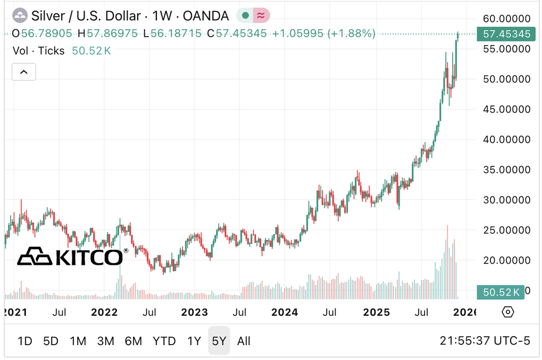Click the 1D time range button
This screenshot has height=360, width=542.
[25, 341]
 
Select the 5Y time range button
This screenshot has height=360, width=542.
[219, 341]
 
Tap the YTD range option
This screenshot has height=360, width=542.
[164, 341]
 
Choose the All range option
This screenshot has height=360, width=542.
[244, 341]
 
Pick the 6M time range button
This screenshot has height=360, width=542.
[133, 341]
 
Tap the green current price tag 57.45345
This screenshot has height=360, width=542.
[506, 34]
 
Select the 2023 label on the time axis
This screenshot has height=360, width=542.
[195, 312]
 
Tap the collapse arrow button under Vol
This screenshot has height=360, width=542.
[23, 71]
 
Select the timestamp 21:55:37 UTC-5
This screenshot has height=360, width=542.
[485, 341]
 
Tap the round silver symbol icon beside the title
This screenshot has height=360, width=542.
[20, 16]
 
